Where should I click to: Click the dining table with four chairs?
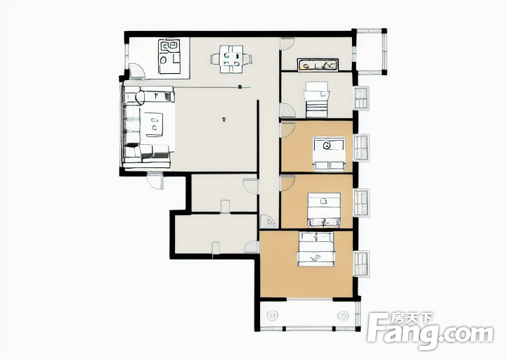pyautogui.click(x=231, y=59)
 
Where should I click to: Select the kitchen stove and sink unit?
pyautogui.click(x=169, y=56)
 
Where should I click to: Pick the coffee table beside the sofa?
pyautogui.click(x=154, y=124)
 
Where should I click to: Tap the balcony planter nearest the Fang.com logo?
pyautogui.click(x=343, y=316)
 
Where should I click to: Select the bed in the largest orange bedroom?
pyautogui.click(x=316, y=249)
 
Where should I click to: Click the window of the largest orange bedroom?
pyautogui.click(x=361, y=264)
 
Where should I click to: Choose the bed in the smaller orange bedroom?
pyautogui.click(x=329, y=154)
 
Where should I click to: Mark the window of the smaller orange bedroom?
pyautogui.click(x=361, y=148)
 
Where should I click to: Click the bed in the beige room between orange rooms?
pyautogui.click(x=324, y=210)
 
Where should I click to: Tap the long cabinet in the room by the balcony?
pyautogui.click(x=318, y=65)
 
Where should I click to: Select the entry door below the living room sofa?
pyautogui.click(x=155, y=181)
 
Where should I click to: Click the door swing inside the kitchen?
pyautogui.click(x=137, y=71)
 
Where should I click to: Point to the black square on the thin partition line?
pyautogui.click(x=240, y=86)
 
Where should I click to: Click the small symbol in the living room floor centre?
pyautogui.click(x=223, y=120)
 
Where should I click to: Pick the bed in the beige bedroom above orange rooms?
pyautogui.click(x=316, y=99)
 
